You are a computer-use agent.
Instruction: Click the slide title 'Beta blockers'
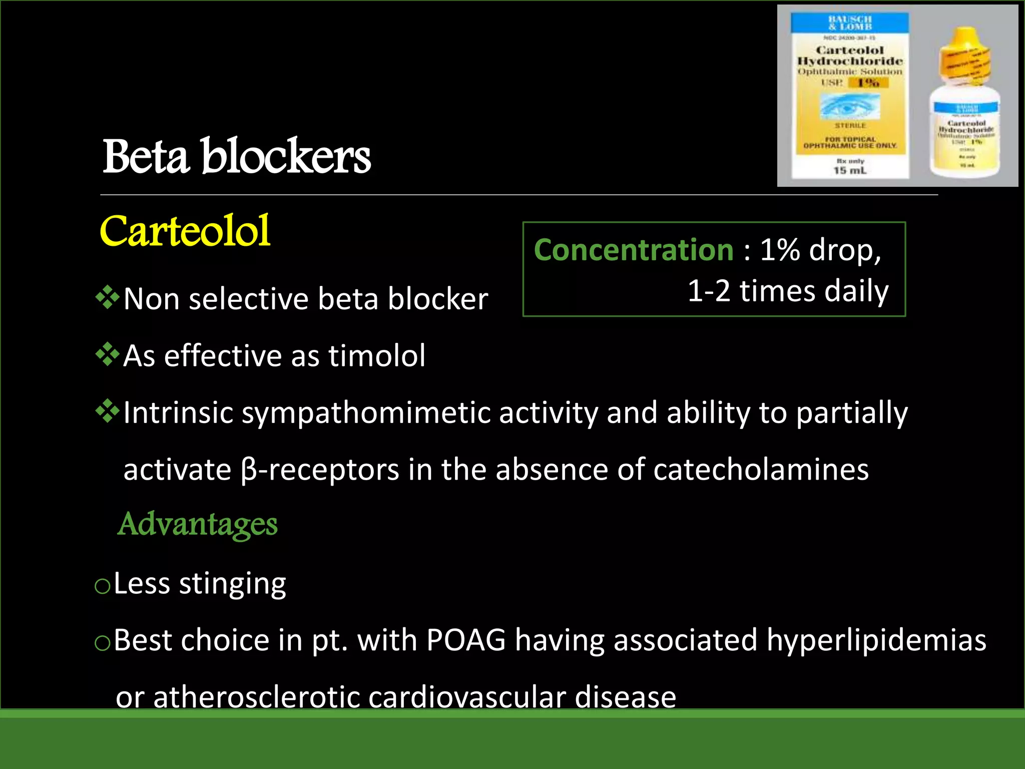(x=236, y=157)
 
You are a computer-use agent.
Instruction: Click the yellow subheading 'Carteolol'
(x=185, y=231)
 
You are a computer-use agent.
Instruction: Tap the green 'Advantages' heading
(x=197, y=524)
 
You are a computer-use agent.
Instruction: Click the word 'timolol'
(x=376, y=356)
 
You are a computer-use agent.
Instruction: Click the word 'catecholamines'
(x=761, y=470)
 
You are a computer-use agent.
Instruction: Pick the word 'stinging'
(x=233, y=584)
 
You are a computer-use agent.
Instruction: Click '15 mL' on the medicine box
(x=849, y=171)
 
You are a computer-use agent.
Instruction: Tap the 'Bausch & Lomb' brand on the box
(x=850, y=23)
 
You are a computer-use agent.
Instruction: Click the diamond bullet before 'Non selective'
(x=108, y=298)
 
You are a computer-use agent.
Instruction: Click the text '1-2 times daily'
(x=788, y=291)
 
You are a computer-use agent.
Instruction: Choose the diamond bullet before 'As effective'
(x=108, y=355)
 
